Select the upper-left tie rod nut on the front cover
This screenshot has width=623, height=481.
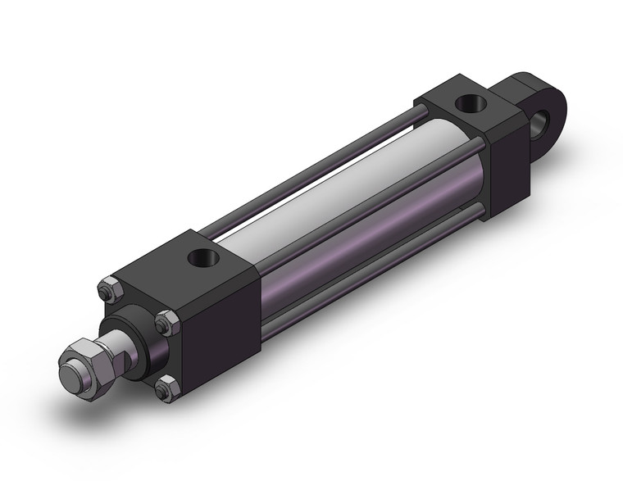tap(108, 288)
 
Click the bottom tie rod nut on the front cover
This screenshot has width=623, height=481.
tap(166, 388)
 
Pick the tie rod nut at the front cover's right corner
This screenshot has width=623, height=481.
tap(168, 322)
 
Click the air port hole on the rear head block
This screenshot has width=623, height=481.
tap(470, 103)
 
